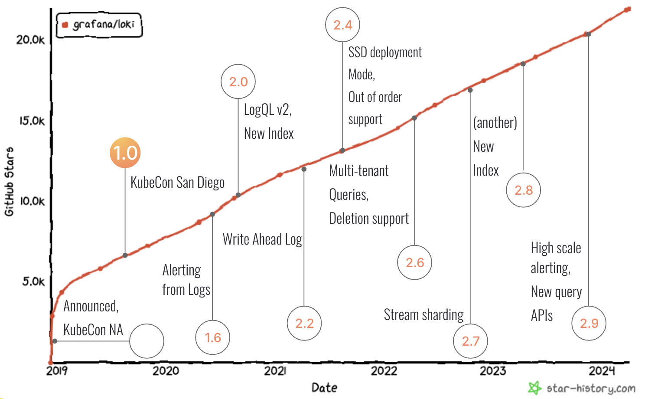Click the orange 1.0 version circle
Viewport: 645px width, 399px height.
(125, 153)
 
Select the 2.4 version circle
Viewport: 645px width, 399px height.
(342, 25)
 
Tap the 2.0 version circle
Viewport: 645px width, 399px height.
(238, 82)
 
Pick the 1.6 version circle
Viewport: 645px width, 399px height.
(212, 337)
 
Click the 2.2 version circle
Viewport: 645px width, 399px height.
(304, 323)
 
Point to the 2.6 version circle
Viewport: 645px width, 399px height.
(415, 262)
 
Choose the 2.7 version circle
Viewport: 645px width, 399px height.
(470, 341)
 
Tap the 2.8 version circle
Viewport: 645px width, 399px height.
(523, 190)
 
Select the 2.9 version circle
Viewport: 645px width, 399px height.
(589, 323)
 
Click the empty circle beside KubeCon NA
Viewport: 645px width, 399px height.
(147, 341)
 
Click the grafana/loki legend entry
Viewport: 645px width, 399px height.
(99, 25)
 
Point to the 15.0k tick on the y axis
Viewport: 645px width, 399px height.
(32, 121)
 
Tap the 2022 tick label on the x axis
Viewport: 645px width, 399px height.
(384, 371)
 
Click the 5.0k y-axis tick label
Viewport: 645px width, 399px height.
(33, 281)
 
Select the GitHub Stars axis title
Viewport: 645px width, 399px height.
(9, 181)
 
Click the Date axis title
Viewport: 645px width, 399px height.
(324, 387)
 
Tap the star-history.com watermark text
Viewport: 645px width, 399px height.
(590, 388)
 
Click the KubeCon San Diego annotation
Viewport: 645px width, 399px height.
(177, 183)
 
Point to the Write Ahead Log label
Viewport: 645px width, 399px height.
(262, 239)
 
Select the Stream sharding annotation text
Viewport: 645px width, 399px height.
(423, 315)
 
